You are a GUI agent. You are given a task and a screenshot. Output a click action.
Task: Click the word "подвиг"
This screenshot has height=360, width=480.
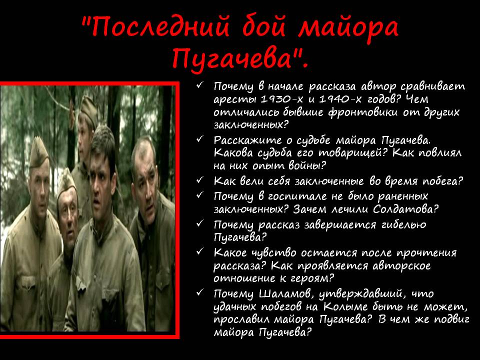coord(452,319)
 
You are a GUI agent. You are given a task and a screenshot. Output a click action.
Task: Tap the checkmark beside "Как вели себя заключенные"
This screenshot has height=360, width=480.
coord(200,179)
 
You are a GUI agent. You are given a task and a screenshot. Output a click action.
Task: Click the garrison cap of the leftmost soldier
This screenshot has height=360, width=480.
coord(38,152)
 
